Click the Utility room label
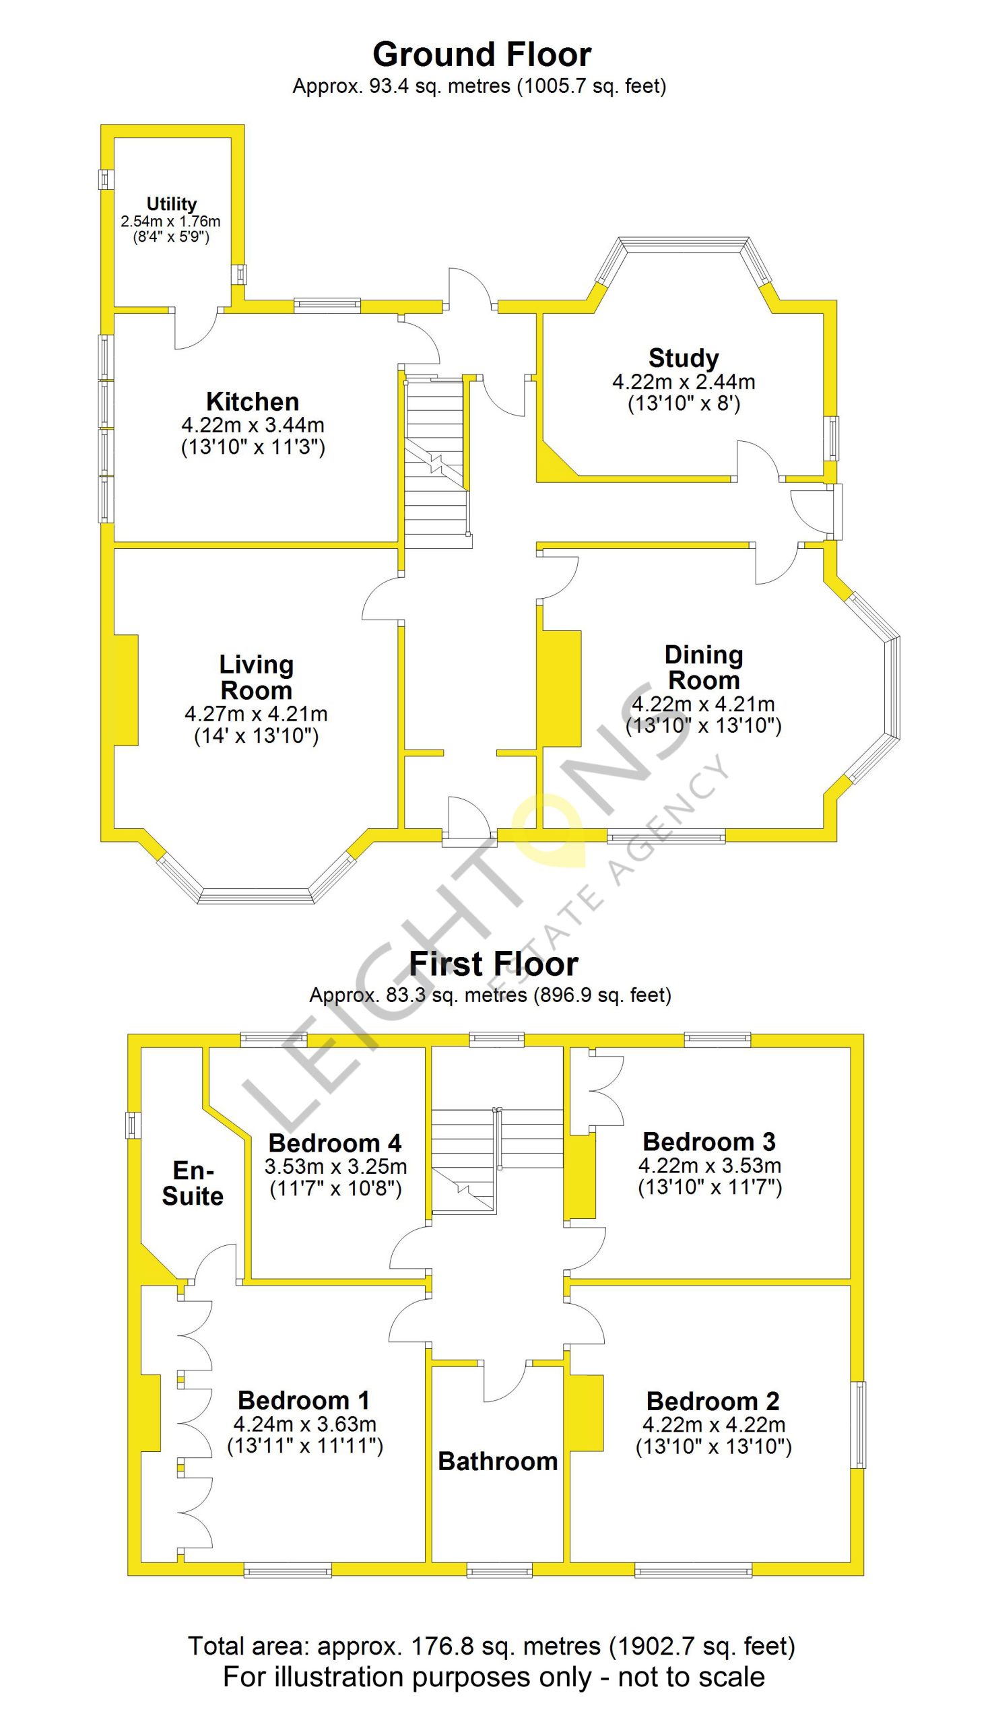pyautogui.click(x=172, y=203)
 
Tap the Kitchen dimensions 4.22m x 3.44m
pyautogui.click(x=253, y=425)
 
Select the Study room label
pyautogui.click(x=684, y=358)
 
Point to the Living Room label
pyautogui.click(x=256, y=677)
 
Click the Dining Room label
pyautogui.click(x=704, y=667)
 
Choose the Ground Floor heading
pyautogui.click(x=482, y=54)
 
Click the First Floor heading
pyautogui.click(x=493, y=964)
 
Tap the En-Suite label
pyautogui.click(x=193, y=1183)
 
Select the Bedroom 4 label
pyautogui.click(x=335, y=1143)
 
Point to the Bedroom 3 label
pyautogui.click(x=709, y=1141)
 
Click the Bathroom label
pyautogui.click(x=498, y=1461)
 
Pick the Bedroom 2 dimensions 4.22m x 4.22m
pyautogui.click(x=714, y=1425)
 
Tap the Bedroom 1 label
pyautogui.click(x=304, y=1401)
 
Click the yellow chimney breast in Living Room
pyautogui.click(x=126, y=690)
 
